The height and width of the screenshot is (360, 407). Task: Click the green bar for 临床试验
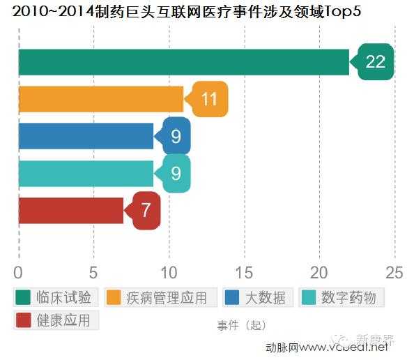[183, 63]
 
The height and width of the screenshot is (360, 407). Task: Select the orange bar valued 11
[100, 100]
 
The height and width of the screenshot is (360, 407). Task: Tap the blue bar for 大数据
[86, 136]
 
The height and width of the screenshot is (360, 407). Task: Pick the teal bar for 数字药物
[86, 173]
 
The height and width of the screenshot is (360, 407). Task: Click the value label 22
[375, 61]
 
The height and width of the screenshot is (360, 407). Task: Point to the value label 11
[209, 100]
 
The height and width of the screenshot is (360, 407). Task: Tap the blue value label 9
[176, 136]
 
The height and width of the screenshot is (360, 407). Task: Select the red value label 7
[146, 210]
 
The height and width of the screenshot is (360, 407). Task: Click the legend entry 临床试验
[56, 297]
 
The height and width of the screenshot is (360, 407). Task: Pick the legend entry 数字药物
[341, 297]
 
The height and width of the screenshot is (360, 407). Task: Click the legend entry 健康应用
[56, 320]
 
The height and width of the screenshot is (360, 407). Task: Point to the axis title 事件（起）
[241, 325]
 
